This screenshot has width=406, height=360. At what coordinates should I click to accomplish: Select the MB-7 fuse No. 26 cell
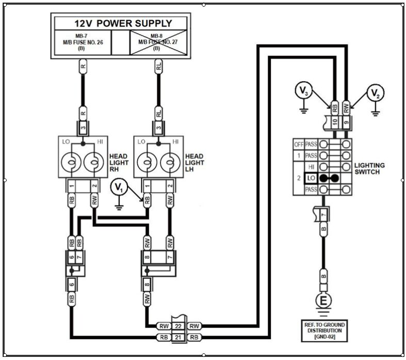[82, 42]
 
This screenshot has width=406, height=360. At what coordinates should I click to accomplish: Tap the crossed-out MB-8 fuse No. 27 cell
[156, 42]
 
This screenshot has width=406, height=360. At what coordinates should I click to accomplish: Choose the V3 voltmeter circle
[304, 92]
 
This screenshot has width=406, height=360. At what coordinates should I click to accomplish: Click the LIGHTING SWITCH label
[369, 168]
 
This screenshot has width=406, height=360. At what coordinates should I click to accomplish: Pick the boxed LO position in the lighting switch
[311, 178]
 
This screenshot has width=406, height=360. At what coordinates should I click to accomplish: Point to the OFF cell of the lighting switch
[298, 145]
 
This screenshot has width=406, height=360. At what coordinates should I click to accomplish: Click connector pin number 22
[178, 325]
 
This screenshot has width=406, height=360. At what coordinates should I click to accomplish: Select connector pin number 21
[178, 337]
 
